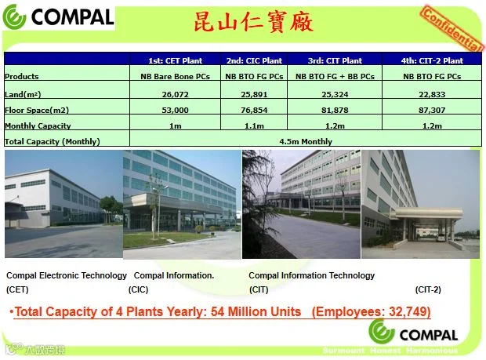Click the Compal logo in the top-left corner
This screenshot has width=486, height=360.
point(59,17)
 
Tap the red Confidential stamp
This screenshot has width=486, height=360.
point(452,28)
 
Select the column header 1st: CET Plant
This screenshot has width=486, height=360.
point(175,60)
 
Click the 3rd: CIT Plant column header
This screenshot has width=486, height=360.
point(335,60)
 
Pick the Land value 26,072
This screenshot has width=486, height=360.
point(175,94)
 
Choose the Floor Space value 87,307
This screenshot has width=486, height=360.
point(432,110)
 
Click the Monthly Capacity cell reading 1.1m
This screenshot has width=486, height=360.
point(254,126)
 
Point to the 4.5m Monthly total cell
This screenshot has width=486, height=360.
point(306,142)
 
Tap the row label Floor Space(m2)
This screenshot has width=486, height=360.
point(37,110)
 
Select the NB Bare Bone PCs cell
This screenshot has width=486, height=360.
point(175,76)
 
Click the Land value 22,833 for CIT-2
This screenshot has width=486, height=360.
point(432,94)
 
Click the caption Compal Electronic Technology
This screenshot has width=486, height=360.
point(67,275)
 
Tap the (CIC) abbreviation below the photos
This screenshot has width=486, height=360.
point(138,289)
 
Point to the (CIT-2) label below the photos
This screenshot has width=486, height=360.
point(428,289)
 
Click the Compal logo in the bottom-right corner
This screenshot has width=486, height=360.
point(413,332)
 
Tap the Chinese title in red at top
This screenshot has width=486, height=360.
point(253,22)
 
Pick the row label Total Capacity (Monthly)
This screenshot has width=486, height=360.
point(52,142)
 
